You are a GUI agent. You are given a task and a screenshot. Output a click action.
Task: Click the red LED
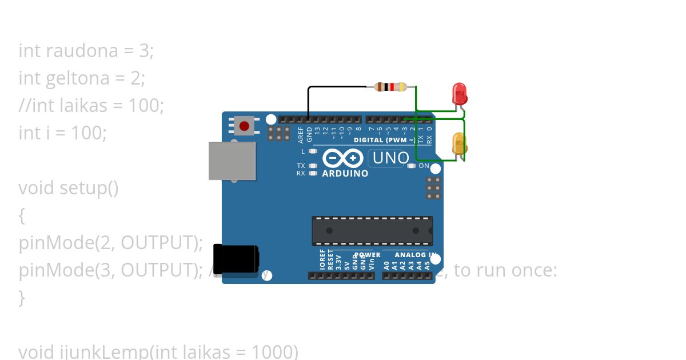459,93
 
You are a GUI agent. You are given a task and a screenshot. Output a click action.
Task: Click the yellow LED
459,143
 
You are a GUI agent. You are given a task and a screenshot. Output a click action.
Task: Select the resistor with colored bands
390,87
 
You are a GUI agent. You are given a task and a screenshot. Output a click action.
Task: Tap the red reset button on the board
245,125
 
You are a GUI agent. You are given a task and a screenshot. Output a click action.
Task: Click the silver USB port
232,161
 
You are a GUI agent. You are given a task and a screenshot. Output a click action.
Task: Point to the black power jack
235,262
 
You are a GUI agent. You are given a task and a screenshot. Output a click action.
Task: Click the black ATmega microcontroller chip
372,231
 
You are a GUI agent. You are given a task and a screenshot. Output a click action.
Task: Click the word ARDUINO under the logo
345,173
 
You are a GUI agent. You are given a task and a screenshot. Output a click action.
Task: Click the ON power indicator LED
411,166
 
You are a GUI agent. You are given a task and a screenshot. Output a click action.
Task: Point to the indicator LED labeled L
312,151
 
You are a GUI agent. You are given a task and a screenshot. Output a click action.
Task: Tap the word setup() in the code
89,187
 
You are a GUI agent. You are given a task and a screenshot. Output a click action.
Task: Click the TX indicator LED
312,166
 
